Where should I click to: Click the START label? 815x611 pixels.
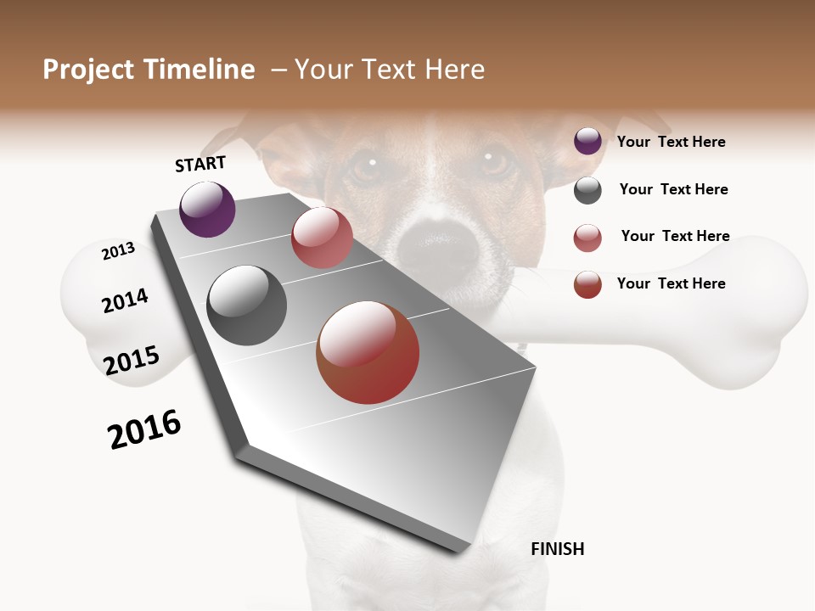point(200,164)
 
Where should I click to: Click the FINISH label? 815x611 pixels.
point(557,549)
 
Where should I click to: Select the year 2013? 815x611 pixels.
point(119,250)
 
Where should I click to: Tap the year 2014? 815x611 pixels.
point(126,300)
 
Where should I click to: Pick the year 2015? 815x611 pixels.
point(132,361)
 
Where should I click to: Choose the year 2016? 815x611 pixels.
point(144,429)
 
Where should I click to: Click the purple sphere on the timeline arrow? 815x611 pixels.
point(207,210)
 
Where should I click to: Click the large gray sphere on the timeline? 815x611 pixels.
point(246,305)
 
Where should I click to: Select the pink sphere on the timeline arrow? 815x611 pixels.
point(322,238)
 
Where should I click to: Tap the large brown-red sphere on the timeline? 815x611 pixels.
point(368,352)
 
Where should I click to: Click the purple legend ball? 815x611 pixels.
point(587,141)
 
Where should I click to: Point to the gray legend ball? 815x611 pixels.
point(587,190)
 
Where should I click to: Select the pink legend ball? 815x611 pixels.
point(587,238)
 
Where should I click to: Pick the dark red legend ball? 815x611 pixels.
point(587,284)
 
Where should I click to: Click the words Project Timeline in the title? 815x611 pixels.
point(149,70)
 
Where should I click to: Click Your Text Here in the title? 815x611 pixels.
point(390,70)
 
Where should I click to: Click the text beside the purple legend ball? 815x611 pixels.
point(671,142)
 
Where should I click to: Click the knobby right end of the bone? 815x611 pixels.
point(768,314)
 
